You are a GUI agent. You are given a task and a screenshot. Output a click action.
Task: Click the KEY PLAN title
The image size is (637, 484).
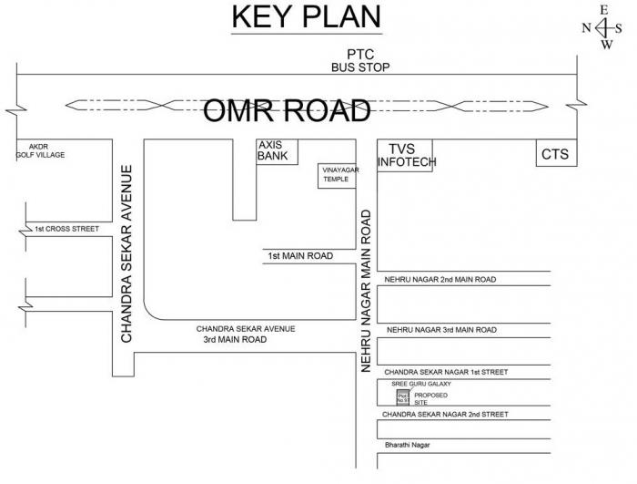pos(306,17)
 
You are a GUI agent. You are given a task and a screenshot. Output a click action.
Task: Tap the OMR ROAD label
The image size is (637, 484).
pos(287,109)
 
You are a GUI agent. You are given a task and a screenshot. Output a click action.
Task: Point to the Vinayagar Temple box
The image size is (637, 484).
pos(335,175)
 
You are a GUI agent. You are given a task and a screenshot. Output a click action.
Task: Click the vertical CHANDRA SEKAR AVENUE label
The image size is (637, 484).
pos(127,253)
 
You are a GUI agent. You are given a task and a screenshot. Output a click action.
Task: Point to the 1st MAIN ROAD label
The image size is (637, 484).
pos(299,256)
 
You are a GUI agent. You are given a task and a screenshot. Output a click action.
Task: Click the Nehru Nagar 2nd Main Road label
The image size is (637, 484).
pos(440,279)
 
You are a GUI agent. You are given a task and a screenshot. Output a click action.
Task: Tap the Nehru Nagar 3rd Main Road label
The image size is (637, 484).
pos(441,329)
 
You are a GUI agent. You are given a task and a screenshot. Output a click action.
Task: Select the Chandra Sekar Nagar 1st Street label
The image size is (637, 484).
pos(445,372)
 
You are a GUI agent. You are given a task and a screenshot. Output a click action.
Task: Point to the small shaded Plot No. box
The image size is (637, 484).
pos(400,396)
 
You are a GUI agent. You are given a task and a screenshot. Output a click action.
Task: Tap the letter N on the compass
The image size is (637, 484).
pos(587,27)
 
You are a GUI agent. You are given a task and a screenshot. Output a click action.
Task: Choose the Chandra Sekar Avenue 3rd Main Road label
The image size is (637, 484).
pos(246,334)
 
